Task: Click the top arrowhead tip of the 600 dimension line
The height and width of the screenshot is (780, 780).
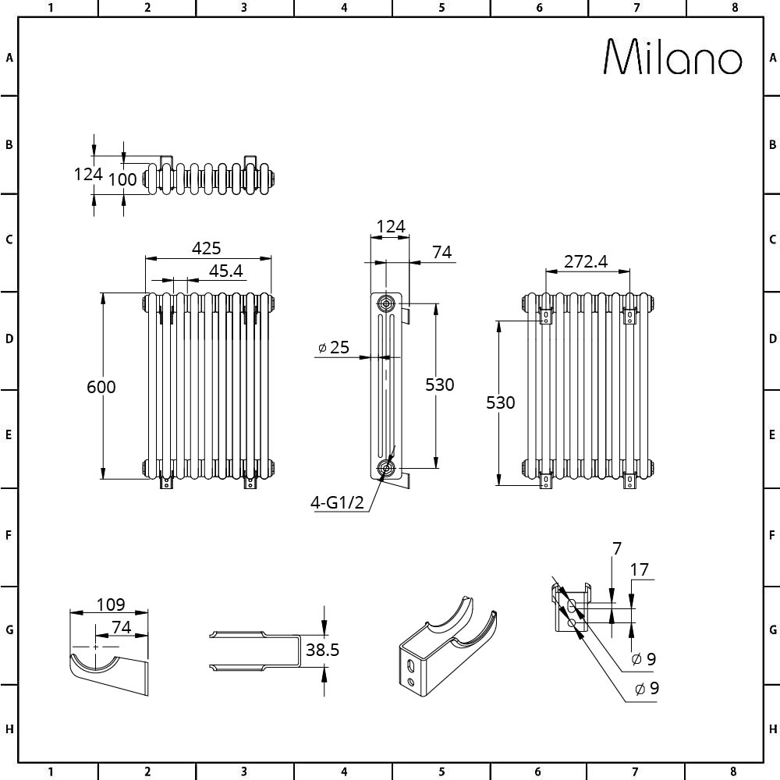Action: [103, 292]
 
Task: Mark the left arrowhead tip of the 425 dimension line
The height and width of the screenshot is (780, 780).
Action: [145, 259]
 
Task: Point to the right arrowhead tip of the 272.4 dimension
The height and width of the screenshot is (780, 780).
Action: [629, 271]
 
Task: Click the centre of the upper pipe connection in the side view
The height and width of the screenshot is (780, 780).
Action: [385, 303]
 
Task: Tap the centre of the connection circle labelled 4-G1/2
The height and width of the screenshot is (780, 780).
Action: [385, 467]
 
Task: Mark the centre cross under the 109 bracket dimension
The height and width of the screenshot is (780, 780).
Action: [95, 647]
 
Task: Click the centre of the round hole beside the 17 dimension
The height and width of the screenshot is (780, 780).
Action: [571, 622]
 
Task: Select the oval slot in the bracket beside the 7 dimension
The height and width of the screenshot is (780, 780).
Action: [572, 606]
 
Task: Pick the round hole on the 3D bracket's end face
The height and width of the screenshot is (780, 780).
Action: [411, 681]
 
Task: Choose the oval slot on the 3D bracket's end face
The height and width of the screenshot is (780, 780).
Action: [410, 666]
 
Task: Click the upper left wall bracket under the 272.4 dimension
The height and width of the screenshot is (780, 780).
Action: [546, 317]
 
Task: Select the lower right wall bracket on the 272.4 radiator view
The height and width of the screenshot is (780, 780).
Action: [629, 480]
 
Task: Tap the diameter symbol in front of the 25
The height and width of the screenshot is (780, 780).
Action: [322, 348]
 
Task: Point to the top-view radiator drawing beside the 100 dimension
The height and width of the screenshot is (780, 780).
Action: [209, 175]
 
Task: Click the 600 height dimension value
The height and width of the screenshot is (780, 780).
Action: [101, 387]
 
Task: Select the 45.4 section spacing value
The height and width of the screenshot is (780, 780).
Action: [226, 271]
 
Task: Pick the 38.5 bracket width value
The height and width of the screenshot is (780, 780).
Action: [322, 650]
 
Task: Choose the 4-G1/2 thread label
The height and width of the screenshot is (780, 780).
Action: [337, 503]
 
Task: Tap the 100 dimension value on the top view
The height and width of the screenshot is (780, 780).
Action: [122, 179]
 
